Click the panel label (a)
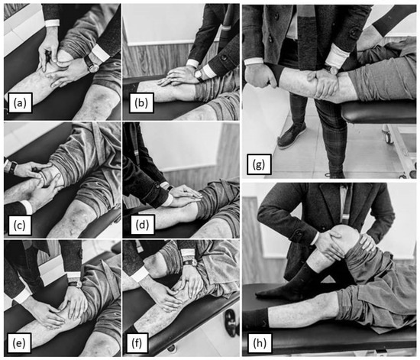pos(20,102)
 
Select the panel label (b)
pos(141,102)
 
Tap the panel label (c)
pos(20,225)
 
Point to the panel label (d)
pos(142,225)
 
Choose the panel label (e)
pos(19,343)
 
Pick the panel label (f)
pos(137,343)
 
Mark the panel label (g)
pos(259,164)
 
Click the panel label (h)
pos(260,343)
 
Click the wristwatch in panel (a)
pos(92,63)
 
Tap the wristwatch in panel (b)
pos(199,74)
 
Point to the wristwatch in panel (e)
pos(75,284)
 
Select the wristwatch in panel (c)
pos(12,167)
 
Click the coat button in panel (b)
pos(223,57)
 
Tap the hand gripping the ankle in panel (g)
pos(261,76)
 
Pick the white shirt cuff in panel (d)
pos(169,199)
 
